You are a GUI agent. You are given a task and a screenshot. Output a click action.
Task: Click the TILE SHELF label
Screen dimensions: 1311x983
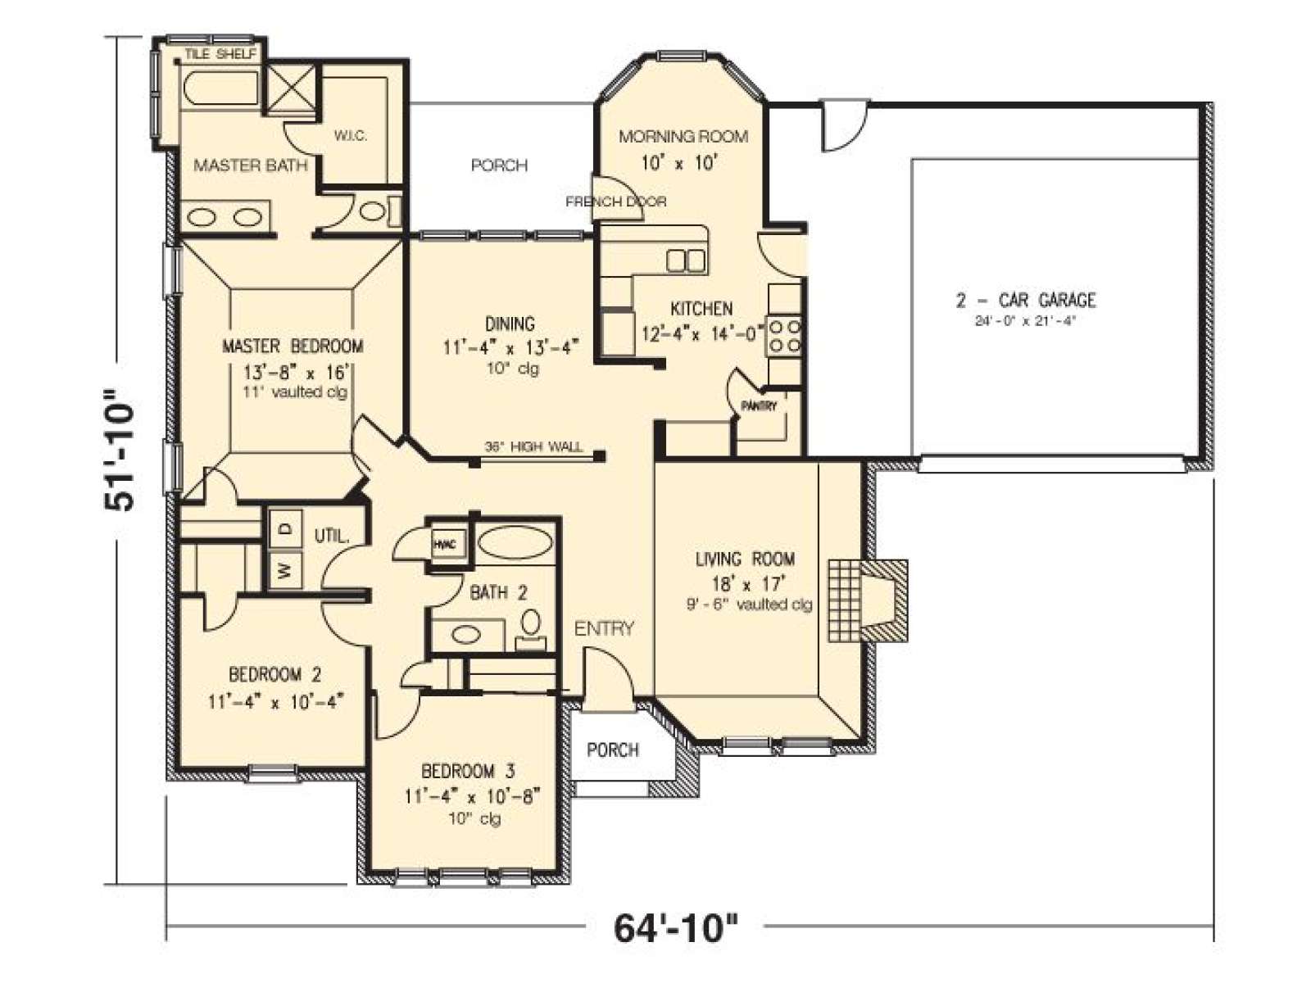pyautogui.click(x=220, y=54)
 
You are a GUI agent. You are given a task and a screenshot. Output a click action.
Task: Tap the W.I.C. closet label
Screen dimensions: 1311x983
pyautogui.click(x=351, y=135)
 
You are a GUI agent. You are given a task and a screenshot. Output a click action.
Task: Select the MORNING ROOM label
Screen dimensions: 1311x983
pyautogui.click(x=683, y=137)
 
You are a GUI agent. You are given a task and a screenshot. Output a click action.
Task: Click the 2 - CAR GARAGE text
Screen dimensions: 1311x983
pyautogui.click(x=1026, y=300)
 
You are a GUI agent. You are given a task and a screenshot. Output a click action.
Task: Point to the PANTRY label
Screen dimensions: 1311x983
pyautogui.click(x=759, y=405)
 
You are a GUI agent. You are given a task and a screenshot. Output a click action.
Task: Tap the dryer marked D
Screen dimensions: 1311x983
pyautogui.click(x=286, y=528)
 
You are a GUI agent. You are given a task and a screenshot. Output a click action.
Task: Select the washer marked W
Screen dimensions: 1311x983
pyautogui.click(x=286, y=569)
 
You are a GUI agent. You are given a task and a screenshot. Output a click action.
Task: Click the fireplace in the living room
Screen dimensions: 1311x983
pyautogui.click(x=867, y=600)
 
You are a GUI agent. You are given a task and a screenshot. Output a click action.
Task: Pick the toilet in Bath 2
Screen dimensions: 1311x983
pyautogui.click(x=530, y=629)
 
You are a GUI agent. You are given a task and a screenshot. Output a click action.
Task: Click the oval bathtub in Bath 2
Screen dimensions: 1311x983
pyautogui.click(x=516, y=544)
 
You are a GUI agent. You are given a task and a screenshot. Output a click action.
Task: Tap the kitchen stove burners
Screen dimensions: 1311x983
pyautogui.click(x=785, y=337)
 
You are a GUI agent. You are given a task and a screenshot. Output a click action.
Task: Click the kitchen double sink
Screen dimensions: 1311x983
pyautogui.click(x=687, y=261)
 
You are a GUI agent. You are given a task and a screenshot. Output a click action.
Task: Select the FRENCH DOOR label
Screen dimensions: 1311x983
pyautogui.click(x=616, y=202)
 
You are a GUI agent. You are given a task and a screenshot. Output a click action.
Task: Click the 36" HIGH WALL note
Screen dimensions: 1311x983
pyautogui.click(x=533, y=446)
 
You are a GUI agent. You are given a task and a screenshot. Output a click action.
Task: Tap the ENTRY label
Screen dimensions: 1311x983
pyautogui.click(x=604, y=628)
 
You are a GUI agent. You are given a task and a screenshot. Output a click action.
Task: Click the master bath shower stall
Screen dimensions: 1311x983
pyautogui.click(x=289, y=88)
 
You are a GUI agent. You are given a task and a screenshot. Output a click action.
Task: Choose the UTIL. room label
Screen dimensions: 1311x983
pyautogui.click(x=332, y=536)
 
